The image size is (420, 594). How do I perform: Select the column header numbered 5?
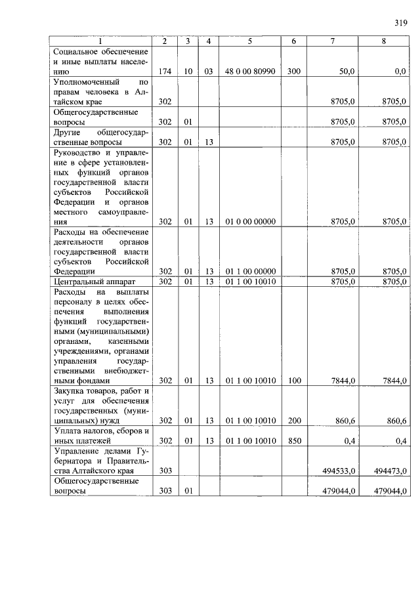point(250,42)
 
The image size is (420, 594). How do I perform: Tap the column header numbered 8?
point(384,42)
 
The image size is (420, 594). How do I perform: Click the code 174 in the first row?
point(165,72)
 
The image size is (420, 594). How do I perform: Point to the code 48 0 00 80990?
point(250,72)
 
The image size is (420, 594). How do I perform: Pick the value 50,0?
point(346,72)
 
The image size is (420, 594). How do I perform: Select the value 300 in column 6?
point(293,72)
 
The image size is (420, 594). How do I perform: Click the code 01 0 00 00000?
point(250,221)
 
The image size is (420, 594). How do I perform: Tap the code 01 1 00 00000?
point(250,271)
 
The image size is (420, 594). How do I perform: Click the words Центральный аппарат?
point(89,282)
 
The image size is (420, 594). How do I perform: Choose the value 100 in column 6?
point(293,380)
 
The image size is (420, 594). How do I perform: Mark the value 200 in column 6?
point(293,421)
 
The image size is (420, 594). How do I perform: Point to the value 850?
point(293,441)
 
